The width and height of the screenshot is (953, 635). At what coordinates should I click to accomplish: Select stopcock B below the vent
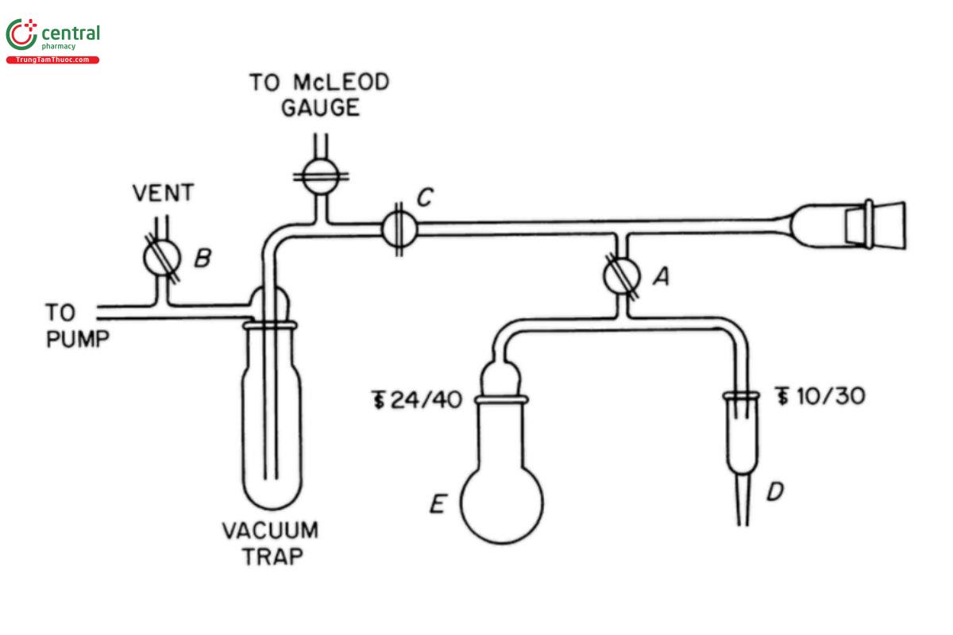pyautogui.click(x=162, y=258)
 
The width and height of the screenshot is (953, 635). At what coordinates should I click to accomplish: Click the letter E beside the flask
pyautogui.click(x=438, y=503)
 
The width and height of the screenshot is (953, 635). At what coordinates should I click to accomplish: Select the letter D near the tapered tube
pyautogui.click(x=774, y=492)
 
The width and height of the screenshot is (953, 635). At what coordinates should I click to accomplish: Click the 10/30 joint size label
pyautogui.click(x=820, y=395)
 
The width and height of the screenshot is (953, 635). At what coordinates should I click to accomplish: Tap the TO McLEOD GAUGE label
pyautogui.click(x=319, y=94)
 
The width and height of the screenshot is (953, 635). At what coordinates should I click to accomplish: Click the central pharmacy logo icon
pyautogui.click(x=21, y=35)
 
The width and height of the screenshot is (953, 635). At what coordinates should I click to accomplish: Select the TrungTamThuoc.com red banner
pyautogui.click(x=52, y=60)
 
